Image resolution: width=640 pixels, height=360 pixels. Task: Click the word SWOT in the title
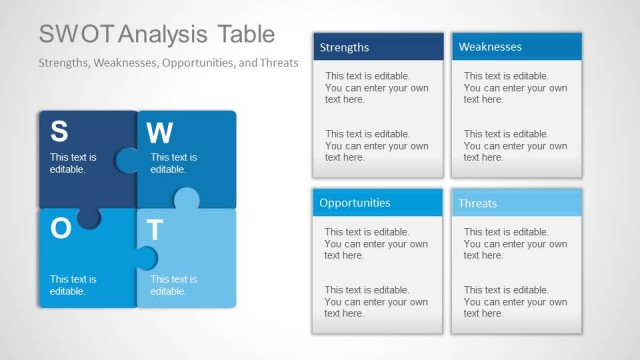click(76, 34)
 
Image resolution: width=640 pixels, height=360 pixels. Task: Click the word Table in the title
click(243, 34)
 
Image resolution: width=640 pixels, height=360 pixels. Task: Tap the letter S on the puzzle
click(59, 132)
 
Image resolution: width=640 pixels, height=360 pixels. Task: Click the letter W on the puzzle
click(159, 133)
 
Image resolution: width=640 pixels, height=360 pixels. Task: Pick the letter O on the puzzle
click(60, 229)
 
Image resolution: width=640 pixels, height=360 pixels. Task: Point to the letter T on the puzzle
click(155, 230)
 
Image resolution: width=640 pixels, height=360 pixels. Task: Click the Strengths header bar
click(378, 47)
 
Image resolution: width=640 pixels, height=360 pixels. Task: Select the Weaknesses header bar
click(516, 47)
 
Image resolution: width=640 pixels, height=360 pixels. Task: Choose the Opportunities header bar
click(376, 203)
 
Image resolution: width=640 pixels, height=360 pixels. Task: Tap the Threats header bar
click(516, 203)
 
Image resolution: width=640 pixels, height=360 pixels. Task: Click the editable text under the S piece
click(73, 163)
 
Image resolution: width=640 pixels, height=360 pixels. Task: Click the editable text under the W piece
click(174, 163)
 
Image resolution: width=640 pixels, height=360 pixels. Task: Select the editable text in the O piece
click(73, 285)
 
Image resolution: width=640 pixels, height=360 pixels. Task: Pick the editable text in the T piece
click(174, 285)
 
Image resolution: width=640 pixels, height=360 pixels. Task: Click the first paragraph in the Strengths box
click(376, 87)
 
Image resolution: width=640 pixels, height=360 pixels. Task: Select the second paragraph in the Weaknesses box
click(515, 145)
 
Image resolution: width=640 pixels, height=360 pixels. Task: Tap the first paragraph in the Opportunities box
click(376, 243)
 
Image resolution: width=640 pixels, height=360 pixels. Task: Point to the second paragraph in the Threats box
click(515, 301)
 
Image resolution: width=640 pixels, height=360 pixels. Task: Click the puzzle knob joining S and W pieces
click(127, 160)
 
